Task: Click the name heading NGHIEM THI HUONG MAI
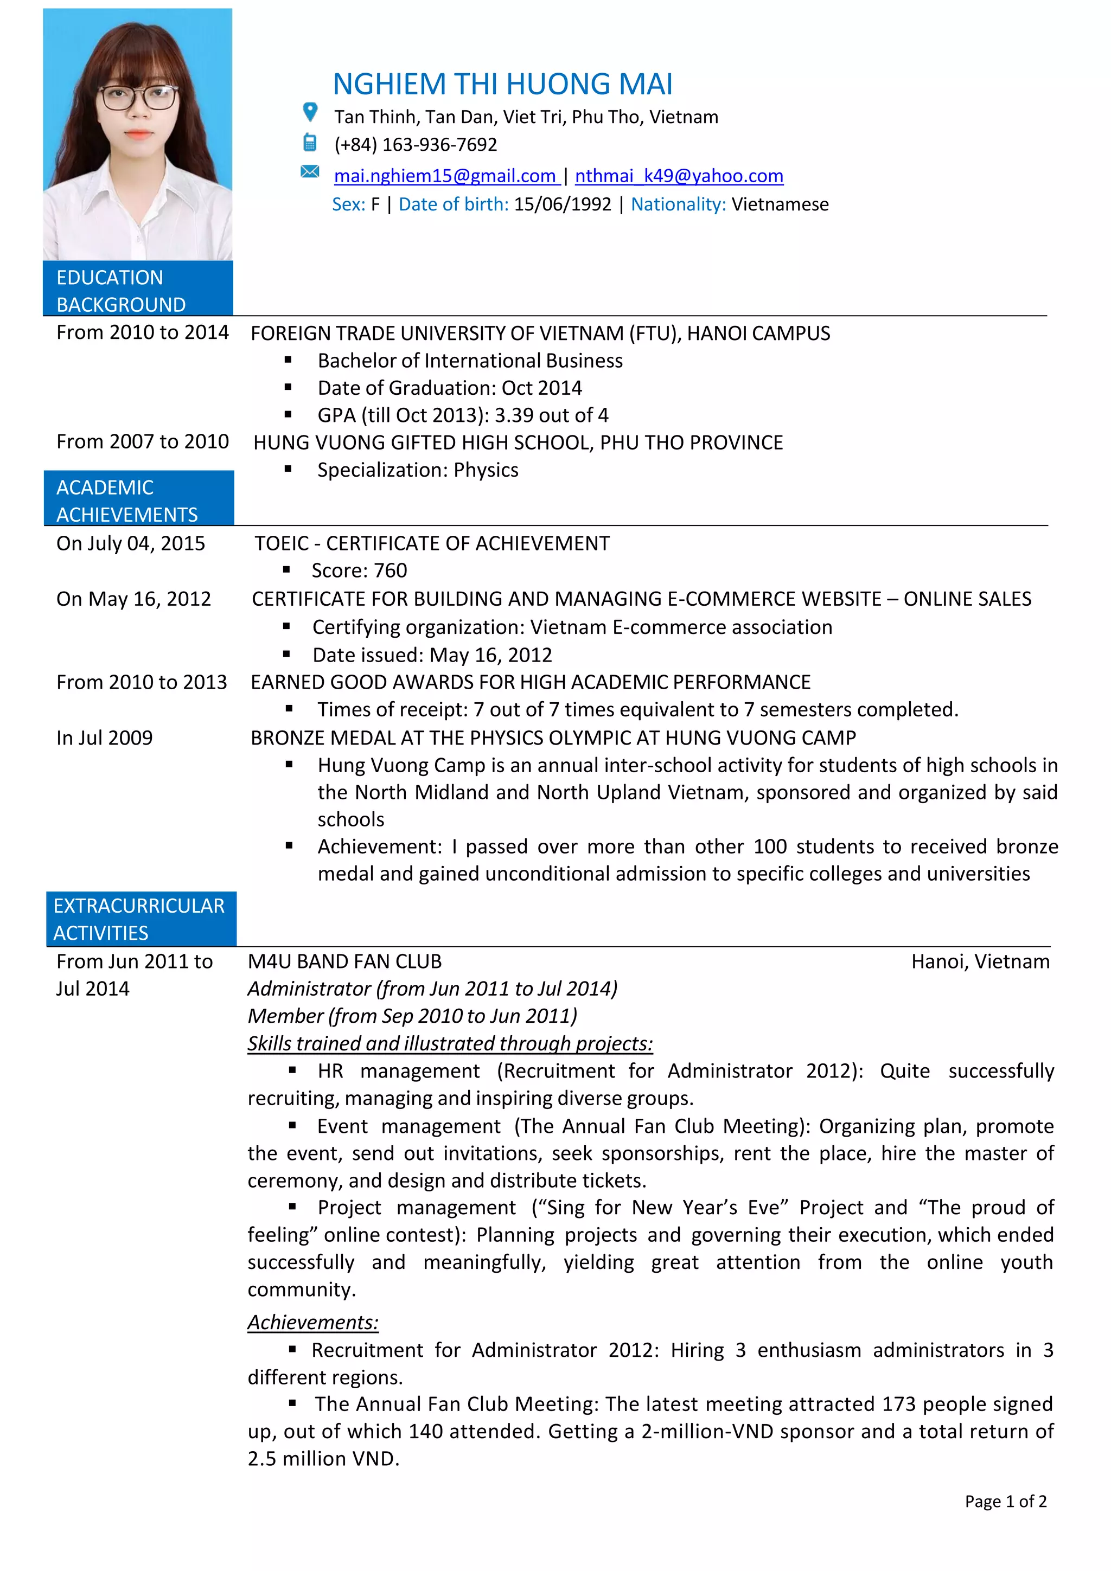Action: click(x=502, y=84)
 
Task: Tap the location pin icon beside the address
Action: click(x=310, y=112)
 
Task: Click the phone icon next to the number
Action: click(x=309, y=142)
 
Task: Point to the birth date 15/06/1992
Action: click(x=562, y=204)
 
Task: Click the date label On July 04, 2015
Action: click(x=131, y=543)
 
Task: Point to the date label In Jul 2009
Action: click(x=104, y=738)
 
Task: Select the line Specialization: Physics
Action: click(x=418, y=470)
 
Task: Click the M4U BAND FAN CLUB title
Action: click(x=344, y=961)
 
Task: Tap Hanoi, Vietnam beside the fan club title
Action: click(x=980, y=961)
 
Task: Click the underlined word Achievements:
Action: click(x=313, y=1322)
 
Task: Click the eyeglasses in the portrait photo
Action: click(x=138, y=97)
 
